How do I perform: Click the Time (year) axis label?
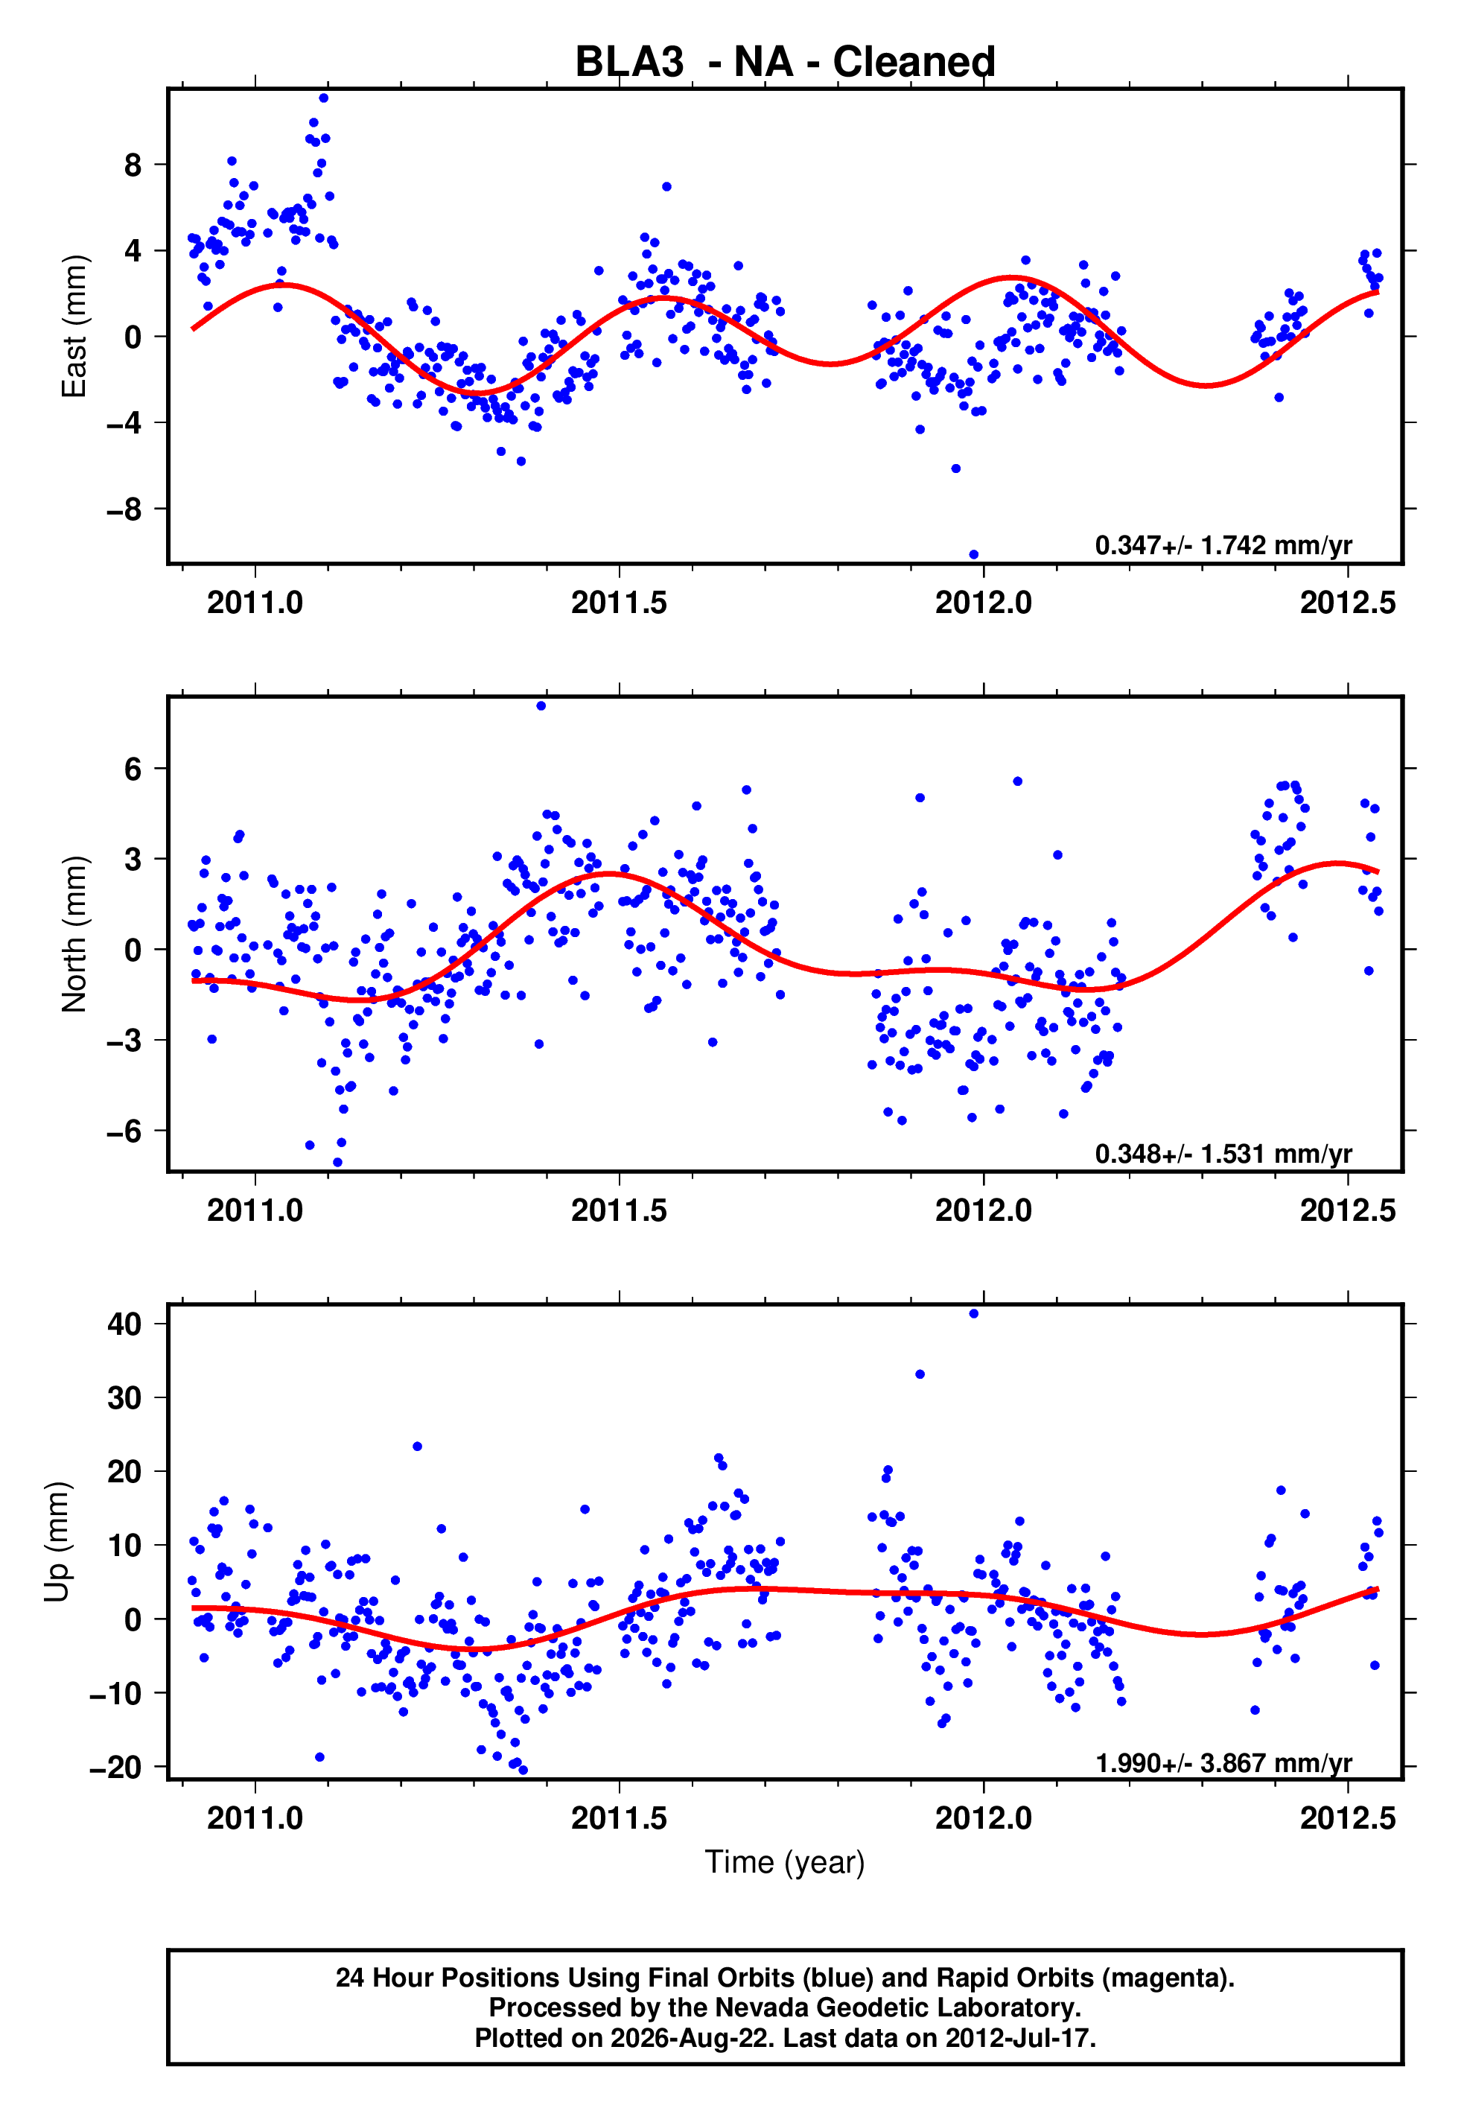(785, 1862)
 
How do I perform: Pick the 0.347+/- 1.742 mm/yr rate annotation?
(1223, 545)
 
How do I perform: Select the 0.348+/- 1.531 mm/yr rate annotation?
(1223, 1153)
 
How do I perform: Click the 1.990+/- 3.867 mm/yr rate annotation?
(1223, 1762)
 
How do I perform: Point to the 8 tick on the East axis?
(133, 165)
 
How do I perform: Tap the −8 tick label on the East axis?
(124, 509)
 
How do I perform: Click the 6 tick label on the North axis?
(133, 769)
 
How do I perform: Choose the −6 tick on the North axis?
(124, 1131)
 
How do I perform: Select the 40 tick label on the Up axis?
(124, 1324)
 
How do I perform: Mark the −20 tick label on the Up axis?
(115, 1767)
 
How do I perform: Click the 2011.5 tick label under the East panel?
(620, 603)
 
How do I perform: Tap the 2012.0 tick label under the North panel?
(983, 1210)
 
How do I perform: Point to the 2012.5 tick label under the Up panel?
(1348, 1818)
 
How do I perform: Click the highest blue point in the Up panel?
(973, 1314)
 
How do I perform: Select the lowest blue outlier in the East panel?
(973, 555)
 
